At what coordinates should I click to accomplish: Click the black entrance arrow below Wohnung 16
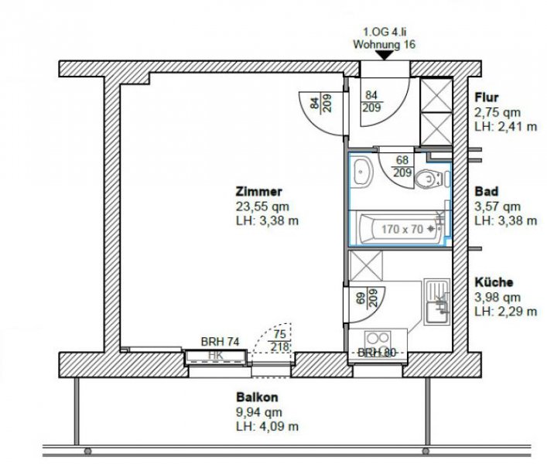pyautogui.click(x=384, y=55)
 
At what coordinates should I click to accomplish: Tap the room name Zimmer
pyautogui.click(x=259, y=192)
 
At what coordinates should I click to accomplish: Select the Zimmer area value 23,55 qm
pyautogui.click(x=263, y=206)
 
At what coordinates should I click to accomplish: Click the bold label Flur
pyautogui.click(x=487, y=97)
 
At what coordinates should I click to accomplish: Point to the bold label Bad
pyautogui.click(x=487, y=191)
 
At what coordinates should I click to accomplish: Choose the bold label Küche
pyautogui.click(x=494, y=282)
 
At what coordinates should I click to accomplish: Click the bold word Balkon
pyautogui.click(x=257, y=397)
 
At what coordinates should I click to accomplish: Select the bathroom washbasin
pyautogui.click(x=362, y=172)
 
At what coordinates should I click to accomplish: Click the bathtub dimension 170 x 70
pyautogui.click(x=402, y=229)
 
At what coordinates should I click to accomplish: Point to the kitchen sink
pyautogui.click(x=437, y=302)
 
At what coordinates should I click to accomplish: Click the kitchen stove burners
pyautogui.click(x=378, y=343)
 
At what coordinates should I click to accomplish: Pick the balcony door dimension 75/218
pyautogui.click(x=280, y=340)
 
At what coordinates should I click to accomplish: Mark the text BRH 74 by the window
pyautogui.click(x=221, y=342)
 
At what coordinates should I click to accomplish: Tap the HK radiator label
pyautogui.click(x=216, y=356)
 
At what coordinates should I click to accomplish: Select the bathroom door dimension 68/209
pyautogui.click(x=402, y=166)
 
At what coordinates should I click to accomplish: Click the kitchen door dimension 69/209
pyautogui.click(x=368, y=298)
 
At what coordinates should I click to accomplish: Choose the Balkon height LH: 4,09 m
pyautogui.click(x=267, y=426)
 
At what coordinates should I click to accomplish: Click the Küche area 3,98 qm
pyautogui.click(x=497, y=297)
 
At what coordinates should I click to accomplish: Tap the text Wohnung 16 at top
pyautogui.click(x=384, y=45)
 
